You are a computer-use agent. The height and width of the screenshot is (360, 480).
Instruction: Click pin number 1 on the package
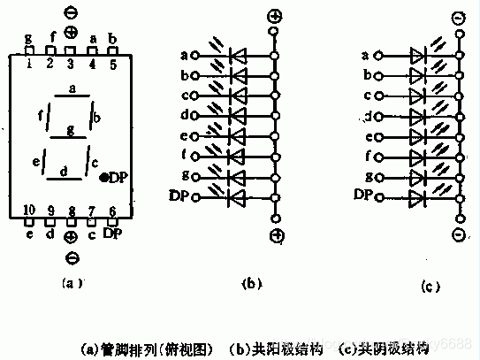click(28, 64)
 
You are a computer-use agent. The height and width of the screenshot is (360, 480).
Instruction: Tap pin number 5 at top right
click(112, 64)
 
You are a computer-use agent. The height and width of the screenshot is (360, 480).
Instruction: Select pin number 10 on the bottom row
click(28, 210)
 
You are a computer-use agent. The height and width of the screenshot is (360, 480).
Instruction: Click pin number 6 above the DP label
click(112, 210)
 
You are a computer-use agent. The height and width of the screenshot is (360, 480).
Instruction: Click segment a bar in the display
click(72, 95)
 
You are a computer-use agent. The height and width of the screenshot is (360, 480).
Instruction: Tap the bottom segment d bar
click(64, 178)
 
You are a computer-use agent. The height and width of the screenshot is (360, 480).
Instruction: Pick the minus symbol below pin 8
click(71, 258)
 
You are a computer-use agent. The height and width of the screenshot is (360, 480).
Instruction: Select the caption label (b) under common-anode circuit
click(248, 284)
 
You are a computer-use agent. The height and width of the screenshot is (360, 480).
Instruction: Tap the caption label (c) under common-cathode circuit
click(427, 286)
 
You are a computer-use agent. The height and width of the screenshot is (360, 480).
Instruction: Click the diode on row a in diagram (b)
click(237, 56)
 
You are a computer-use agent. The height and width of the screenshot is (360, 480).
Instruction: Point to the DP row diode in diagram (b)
click(237, 196)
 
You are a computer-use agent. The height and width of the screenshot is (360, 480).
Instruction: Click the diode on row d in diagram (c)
click(418, 116)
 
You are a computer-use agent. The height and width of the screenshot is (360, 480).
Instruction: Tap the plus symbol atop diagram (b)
click(276, 17)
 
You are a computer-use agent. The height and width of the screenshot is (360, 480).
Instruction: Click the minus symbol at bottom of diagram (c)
click(458, 234)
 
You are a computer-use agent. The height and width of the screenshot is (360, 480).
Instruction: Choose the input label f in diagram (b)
click(184, 156)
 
